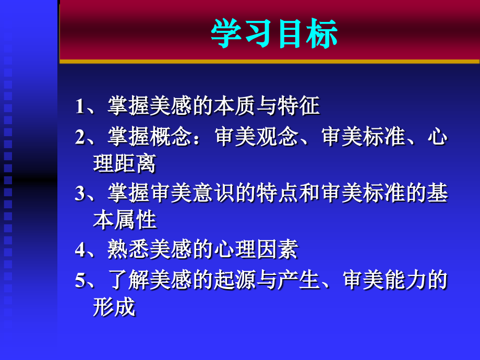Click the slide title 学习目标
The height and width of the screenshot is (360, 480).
click(274, 34)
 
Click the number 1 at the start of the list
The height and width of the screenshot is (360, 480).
click(80, 106)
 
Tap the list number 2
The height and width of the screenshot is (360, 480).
click(80, 137)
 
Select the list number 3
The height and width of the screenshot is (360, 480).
click(80, 194)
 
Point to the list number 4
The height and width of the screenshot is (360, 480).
click(80, 250)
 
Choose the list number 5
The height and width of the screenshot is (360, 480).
click(80, 281)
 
